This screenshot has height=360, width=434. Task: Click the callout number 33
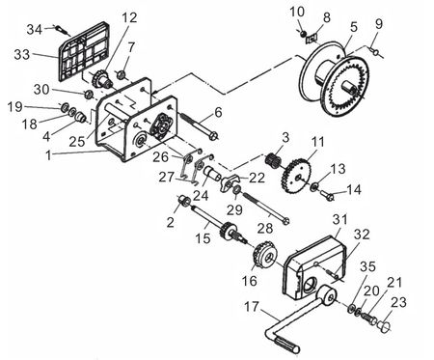pyautogui.click(x=22, y=55)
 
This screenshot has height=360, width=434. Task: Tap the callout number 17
pyautogui.click(x=251, y=307)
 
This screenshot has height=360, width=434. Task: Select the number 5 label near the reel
pyautogui.click(x=354, y=27)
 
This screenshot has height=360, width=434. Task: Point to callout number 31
pyautogui.click(x=340, y=220)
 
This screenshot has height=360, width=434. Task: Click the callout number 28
pyautogui.click(x=265, y=229)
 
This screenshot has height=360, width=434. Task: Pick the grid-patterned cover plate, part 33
pyautogui.click(x=84, y=51)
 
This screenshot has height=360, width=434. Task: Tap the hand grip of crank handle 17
pyautogui.click(x=286, y=345)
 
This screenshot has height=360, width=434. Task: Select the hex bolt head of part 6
pyautogui.click(x=213, y=137)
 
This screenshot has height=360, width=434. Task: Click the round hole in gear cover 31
pyautogui.click(x=310, y=285)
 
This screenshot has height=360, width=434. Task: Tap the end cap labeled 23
pyautogui.click(x=384, y=326)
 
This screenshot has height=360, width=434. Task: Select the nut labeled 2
pyautogui.click(x=184, y=201)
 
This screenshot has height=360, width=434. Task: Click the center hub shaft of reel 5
pyautogui.click(x=350, y=86)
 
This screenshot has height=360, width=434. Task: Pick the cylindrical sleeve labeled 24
pyautogui.click(x=211, y=173)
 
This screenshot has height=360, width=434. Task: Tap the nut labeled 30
pyautogui.click(x=88, y=95)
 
